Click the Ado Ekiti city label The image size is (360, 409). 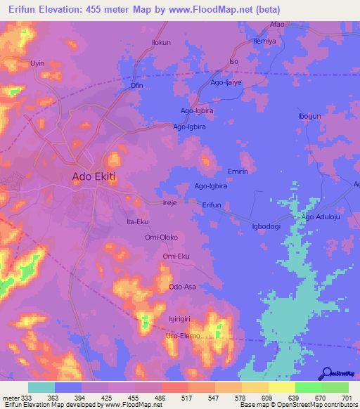94,178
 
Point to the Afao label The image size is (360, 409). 277,25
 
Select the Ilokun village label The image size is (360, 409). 162,43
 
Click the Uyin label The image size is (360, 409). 37,63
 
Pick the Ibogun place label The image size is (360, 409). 309,116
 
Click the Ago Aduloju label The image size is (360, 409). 325,217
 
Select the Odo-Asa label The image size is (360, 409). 183,287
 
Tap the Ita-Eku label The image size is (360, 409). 136,221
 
